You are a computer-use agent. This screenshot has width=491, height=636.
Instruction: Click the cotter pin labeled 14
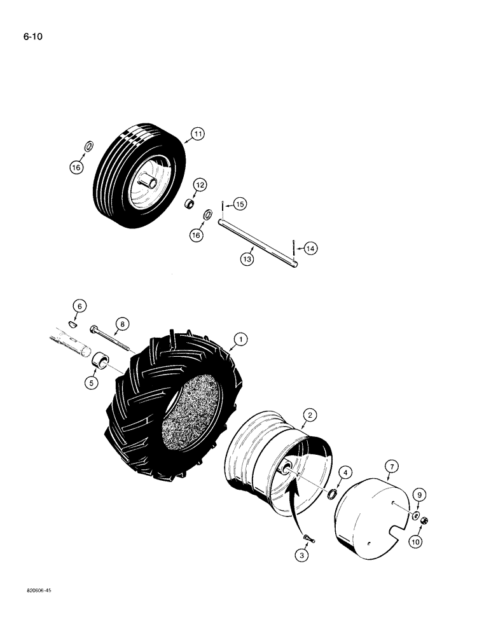293,245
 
